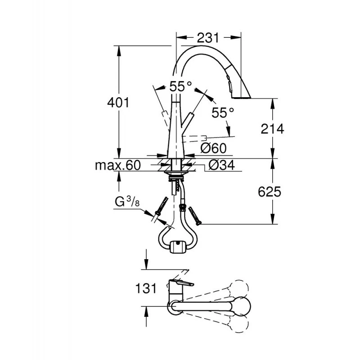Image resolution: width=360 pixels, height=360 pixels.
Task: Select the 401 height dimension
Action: [118, 103]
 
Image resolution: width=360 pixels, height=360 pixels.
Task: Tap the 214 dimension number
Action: [273, 129]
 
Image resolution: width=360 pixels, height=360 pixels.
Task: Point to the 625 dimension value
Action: [270, 192]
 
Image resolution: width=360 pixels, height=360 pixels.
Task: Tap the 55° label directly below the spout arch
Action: [181, 86]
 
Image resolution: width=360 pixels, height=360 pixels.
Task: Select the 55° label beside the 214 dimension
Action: [223, 112]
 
